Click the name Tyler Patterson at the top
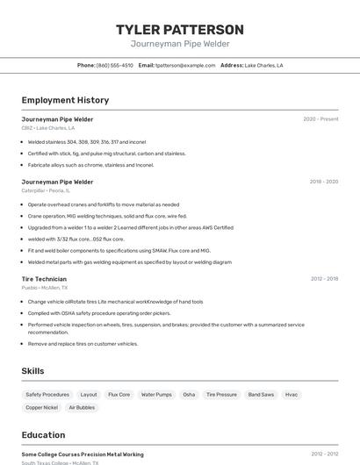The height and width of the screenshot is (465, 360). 180,30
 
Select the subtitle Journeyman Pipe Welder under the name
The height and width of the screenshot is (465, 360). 180,43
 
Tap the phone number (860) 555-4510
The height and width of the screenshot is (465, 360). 115,66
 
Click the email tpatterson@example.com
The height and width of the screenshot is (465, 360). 185,66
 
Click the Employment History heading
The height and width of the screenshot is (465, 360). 65,100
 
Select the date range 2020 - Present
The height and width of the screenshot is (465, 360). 320,119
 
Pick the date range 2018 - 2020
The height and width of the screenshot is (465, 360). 324,182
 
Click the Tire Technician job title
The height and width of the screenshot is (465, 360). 44,279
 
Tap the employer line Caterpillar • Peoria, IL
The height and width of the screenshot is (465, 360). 46,190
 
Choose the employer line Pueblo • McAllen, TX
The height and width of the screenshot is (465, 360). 45,288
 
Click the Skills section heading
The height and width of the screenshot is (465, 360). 33,371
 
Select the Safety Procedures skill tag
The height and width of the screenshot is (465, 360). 47,395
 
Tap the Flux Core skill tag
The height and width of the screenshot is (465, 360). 119,395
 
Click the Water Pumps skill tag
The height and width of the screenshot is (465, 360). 156,395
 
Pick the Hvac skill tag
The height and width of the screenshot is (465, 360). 292,395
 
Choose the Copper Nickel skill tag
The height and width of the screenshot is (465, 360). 41,408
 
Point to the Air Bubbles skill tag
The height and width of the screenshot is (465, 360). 82,408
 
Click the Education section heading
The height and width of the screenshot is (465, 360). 43,435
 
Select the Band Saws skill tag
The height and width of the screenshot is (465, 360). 261,395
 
